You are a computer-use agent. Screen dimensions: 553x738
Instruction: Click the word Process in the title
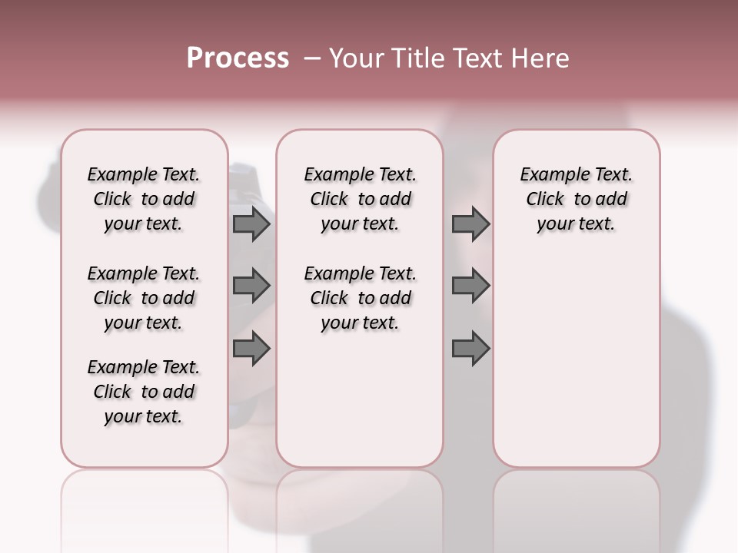click(x=238, y=58)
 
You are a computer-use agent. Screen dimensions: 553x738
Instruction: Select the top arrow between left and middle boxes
click(x=251, y=224)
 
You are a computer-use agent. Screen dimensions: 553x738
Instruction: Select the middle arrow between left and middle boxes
click(x=251, y=286)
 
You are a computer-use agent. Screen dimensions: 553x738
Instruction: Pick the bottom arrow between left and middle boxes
click(x=251, y=349)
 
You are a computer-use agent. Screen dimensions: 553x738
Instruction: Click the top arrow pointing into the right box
click(x=470, y=224)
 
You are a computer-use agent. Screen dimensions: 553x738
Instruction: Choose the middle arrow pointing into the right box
click(x=470, y=286)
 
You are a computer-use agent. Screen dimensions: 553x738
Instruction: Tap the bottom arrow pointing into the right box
click(x=470, y=349)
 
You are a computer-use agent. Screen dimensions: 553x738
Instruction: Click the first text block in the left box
click(x=144, y=199)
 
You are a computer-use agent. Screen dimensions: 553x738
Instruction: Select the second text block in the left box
click(x=144, y=298)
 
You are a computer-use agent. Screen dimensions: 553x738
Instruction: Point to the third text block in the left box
click(x=144, y=392)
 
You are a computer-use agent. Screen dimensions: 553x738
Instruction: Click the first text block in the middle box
click(x=360, y=199)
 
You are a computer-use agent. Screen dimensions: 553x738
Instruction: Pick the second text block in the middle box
click(x=360, y=298)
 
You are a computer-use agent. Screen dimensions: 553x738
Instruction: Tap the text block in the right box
click(x=576, y=199)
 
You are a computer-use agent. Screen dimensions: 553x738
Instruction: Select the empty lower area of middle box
click(x=360, y=399)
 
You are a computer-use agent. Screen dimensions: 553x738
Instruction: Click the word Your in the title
click(x=354, y=58)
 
